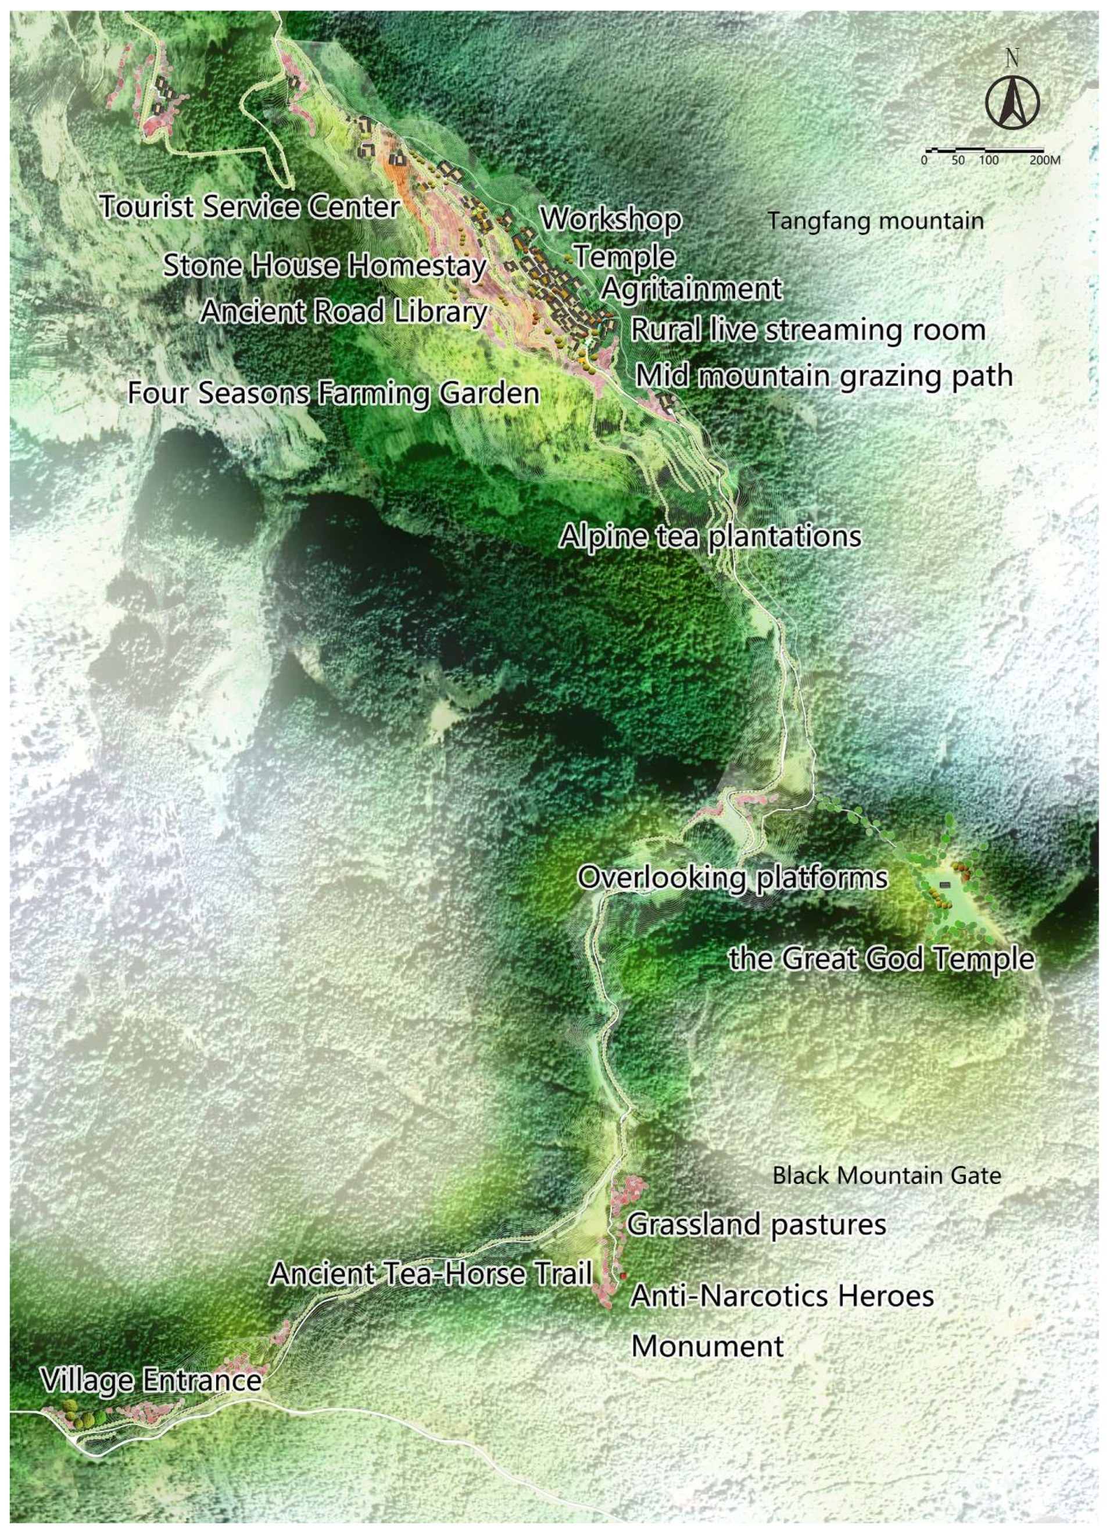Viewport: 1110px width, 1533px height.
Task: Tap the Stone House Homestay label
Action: click(324, 266)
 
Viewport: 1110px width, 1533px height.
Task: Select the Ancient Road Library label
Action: click(344, 312)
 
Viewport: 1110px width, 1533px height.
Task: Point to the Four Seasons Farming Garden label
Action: click(333, 393)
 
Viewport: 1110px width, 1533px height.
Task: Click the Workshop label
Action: click(611, 219)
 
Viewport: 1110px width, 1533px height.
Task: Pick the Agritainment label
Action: click(691, 289)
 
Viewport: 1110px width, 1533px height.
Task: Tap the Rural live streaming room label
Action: click(807, 330)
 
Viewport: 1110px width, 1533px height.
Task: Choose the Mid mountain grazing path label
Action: click(823, 376)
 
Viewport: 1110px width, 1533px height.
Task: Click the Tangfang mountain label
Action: click(876, 221)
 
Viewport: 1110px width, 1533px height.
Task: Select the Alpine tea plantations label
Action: click(710, 537)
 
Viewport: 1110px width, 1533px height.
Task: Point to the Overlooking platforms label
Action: click(732, 878)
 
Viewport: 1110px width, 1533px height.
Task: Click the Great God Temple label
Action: click(881, 958)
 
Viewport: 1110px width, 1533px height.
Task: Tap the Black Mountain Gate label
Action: click(886, 1175)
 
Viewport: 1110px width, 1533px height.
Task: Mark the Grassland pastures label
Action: click(757, 1225)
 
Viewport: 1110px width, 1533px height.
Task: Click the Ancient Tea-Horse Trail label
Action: click(431, 1274)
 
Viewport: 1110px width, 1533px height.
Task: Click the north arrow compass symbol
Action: click(1011, 103)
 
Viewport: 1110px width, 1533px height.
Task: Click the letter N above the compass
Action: click(1011, 59)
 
